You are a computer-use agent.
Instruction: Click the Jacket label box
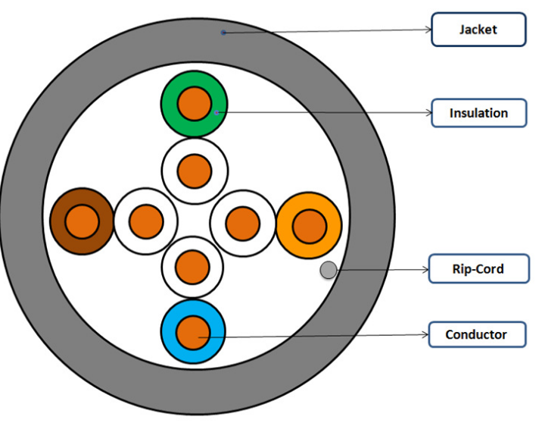(x=478, y=30)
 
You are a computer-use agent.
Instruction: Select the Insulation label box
(x=479, y=113)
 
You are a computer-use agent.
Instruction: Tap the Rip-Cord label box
(x=479, y=268)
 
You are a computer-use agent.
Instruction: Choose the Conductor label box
(x=478, y=334)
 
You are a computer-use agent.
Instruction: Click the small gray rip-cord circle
(x=329, y=270)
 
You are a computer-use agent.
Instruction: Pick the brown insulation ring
(x=57, y=221)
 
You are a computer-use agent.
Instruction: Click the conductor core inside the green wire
(x=195, y=104)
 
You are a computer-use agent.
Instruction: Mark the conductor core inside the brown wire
(x=82, y=221)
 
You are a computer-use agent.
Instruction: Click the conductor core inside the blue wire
(x=193, y=332)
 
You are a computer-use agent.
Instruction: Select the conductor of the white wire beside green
(x=195, y=171)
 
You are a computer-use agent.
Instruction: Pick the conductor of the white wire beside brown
(x=146, y=221)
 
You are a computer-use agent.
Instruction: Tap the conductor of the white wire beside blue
(x=192, y=268)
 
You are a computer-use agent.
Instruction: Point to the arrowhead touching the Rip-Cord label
(x=426, y=270)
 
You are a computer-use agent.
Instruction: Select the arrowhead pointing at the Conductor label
(x=425, y=334)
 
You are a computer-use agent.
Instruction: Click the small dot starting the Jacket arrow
(x=223, y=33)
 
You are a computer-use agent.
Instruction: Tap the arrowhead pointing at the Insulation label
(x=428, y=112)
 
